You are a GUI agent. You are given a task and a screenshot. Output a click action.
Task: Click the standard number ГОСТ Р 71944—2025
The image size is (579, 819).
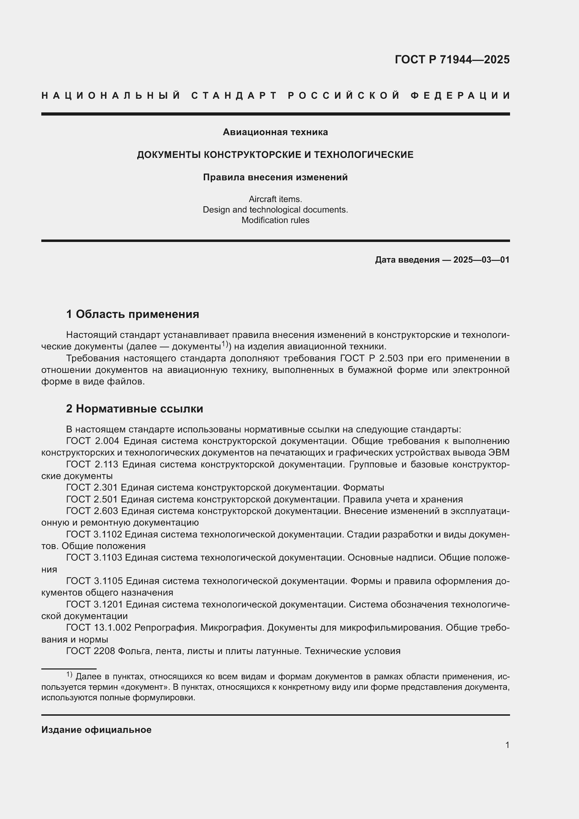tap(452, 59)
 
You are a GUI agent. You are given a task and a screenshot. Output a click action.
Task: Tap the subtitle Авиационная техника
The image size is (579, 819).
tap(275, 132)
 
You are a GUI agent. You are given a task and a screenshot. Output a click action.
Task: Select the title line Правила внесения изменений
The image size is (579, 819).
tap(275, 177)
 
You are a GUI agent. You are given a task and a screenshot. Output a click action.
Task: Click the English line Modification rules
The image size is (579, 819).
tap(275, 220)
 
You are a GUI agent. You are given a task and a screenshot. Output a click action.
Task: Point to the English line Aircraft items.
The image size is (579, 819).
tap(275, 199)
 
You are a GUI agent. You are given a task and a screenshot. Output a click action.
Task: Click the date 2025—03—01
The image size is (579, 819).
tap(481, 260)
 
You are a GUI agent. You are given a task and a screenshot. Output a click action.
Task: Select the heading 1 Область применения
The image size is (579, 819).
tap(133, 314)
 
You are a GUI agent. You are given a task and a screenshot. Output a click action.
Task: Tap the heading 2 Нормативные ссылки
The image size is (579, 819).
tap(134, 409)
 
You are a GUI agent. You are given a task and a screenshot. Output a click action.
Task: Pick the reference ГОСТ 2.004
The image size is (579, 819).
tap(92, 441)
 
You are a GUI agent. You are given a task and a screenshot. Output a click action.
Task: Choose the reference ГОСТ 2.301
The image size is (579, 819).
tap(92, 488)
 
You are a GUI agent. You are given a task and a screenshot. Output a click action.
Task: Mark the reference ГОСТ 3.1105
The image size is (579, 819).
tap(95, 581)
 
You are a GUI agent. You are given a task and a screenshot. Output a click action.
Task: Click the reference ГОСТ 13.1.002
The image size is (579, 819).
tap(99, 627)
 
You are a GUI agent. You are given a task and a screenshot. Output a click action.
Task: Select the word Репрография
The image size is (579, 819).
tap(166, 627)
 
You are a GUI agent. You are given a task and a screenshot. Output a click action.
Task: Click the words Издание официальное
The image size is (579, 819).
tap(96, 730)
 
